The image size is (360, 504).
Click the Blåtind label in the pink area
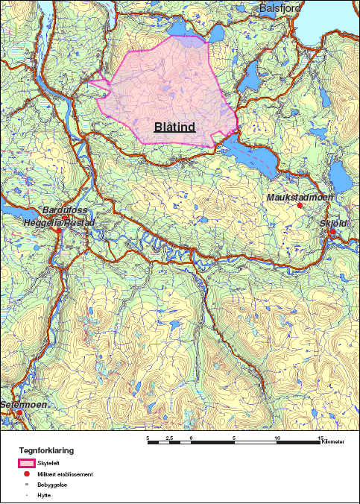click(174, 127)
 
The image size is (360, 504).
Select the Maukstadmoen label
click(300, 197)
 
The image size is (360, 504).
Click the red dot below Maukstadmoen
click(300, 206)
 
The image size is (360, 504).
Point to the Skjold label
click(333, 222)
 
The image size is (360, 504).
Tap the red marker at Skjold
click(332, 231)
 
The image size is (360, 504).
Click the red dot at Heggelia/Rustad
click(58, 231)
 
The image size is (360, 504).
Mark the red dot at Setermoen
click(21, 412)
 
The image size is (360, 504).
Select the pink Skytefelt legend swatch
click(27, 463)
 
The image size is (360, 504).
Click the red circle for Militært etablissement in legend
click(27, 474)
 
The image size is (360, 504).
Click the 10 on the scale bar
click(277, 438)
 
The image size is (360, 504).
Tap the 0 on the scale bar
click(192, 438)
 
